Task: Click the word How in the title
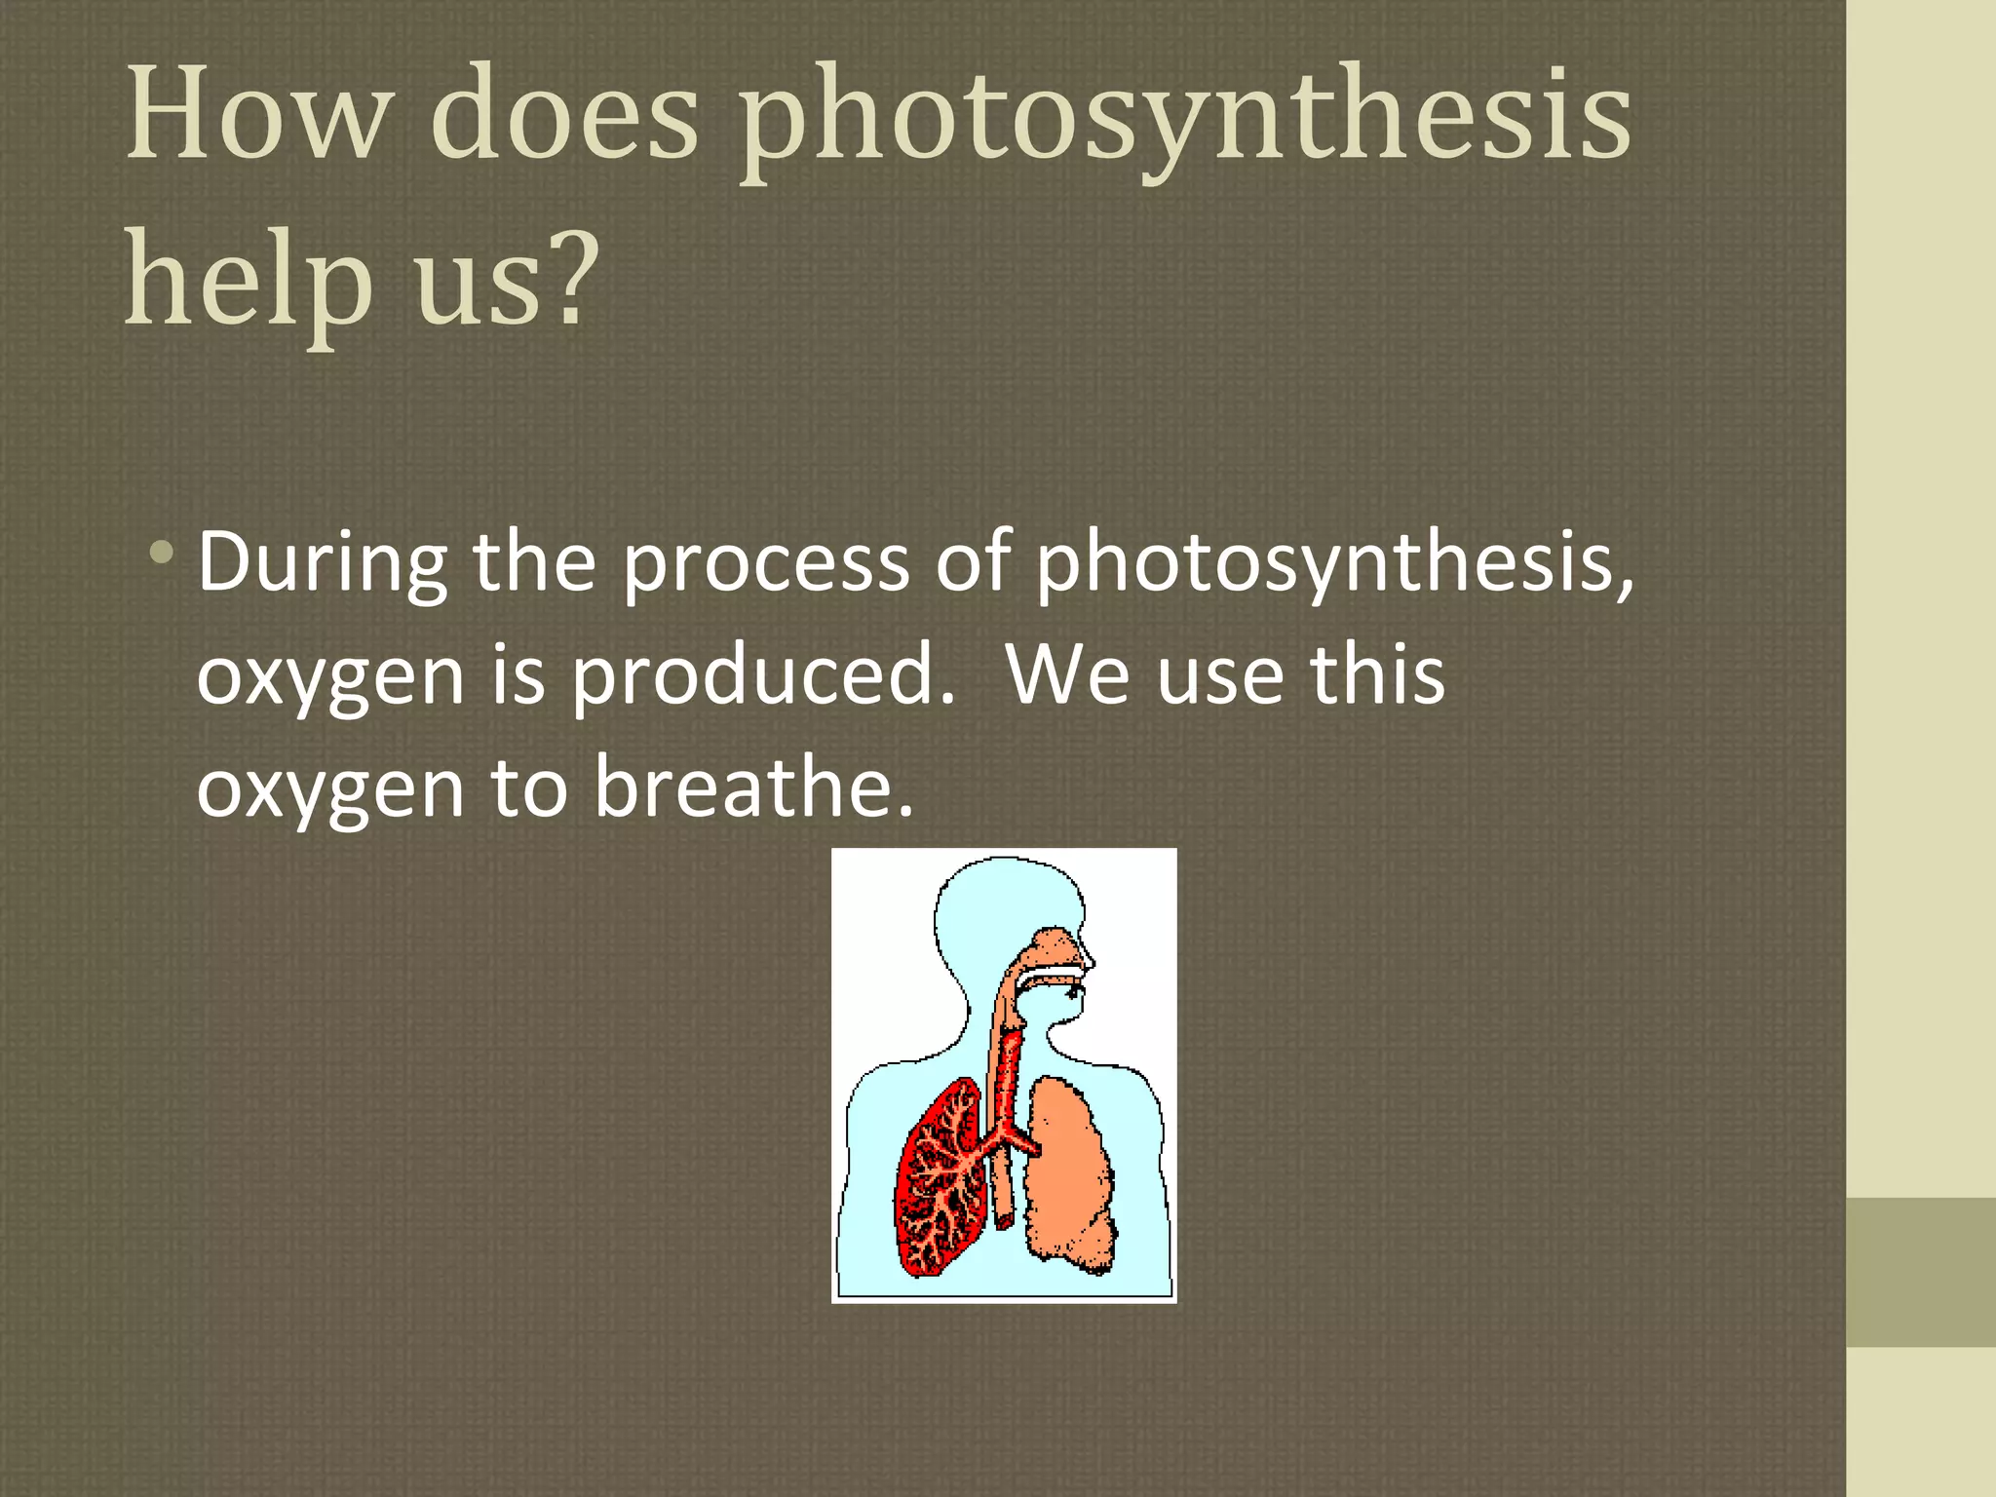[256, 114]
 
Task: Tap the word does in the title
[564, 114]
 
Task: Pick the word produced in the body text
[760, 676]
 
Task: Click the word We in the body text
[1067, 676]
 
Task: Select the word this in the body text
[1376, 676]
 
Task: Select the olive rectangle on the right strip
[1921, 1272]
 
